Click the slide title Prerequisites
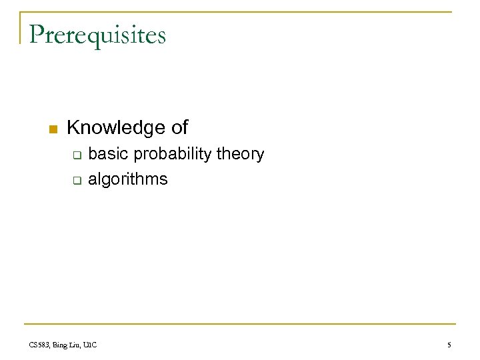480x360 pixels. (97, 35)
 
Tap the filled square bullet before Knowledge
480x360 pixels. (54, 128)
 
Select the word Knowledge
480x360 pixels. (116, 127)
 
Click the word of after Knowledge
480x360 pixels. (179, 127)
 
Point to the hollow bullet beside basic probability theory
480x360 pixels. (77, 156)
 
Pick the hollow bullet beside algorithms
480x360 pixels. (77, 181)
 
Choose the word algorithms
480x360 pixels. (128, 180)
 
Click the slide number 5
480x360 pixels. (449, 345)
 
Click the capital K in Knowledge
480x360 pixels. (73, 127)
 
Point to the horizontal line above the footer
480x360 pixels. (240, 331)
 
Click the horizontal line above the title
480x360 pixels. (240, 12)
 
